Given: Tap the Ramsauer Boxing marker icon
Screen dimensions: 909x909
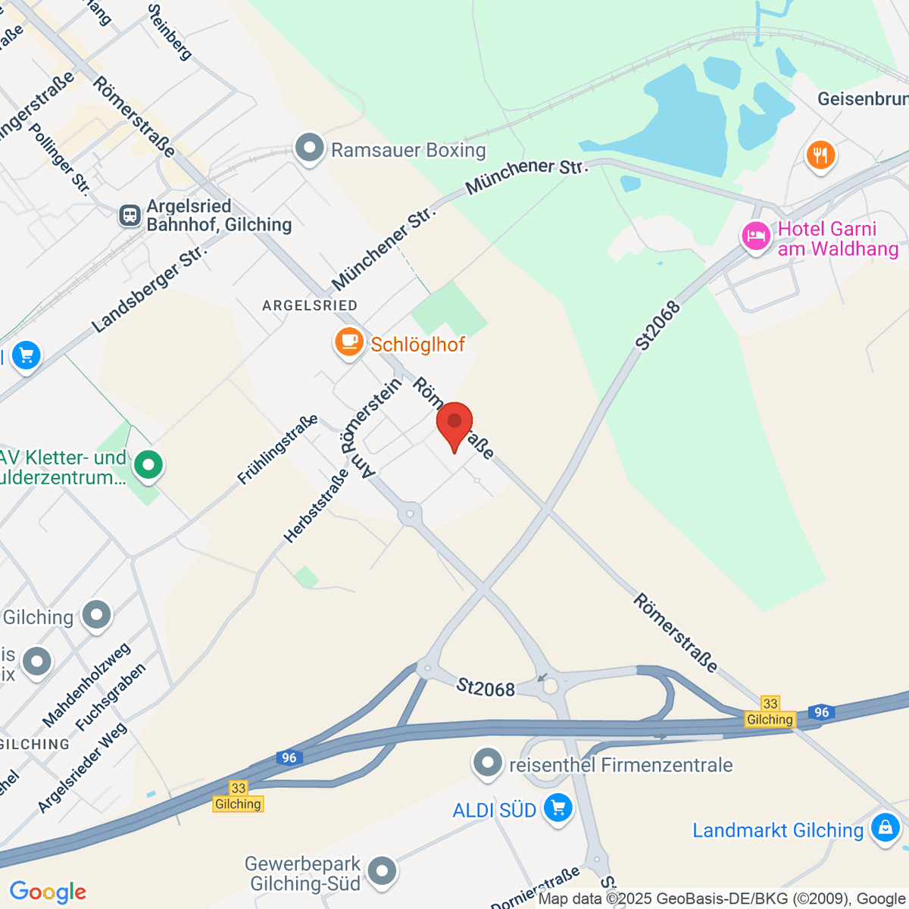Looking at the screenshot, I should [x=309, y=148].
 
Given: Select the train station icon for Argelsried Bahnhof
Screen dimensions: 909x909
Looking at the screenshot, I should [x=130, y=216].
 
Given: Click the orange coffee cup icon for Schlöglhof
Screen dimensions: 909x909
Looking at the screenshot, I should [x=348, y=342].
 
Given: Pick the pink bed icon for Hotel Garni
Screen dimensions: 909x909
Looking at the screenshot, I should [x=755, y=237].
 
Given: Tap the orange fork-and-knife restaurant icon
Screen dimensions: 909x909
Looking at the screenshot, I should [x=820, y=156].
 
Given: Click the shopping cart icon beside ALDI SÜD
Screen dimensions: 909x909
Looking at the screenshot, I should [x=558, y=809].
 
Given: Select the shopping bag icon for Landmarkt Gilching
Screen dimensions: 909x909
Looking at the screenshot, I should [x=884, y=828].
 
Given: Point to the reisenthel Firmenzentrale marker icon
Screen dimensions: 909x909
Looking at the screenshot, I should [x=487, y=764].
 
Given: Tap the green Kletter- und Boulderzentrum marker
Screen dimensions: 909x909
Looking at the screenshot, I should [x=148, y=464].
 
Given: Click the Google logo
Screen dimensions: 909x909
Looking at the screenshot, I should [x=48, y=892].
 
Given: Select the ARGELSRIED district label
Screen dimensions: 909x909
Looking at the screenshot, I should [x=309, y=305].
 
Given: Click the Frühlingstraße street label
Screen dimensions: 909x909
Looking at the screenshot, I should [x=277, y=450].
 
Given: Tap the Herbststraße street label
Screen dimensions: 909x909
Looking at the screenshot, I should [x=316, y=505].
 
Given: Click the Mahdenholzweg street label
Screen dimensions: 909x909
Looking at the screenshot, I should [x=86, y=685].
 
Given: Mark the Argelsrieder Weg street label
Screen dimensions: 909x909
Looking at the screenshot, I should [x=83, y=768].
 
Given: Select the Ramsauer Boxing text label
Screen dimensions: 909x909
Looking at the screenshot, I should [x=408, y=150].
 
